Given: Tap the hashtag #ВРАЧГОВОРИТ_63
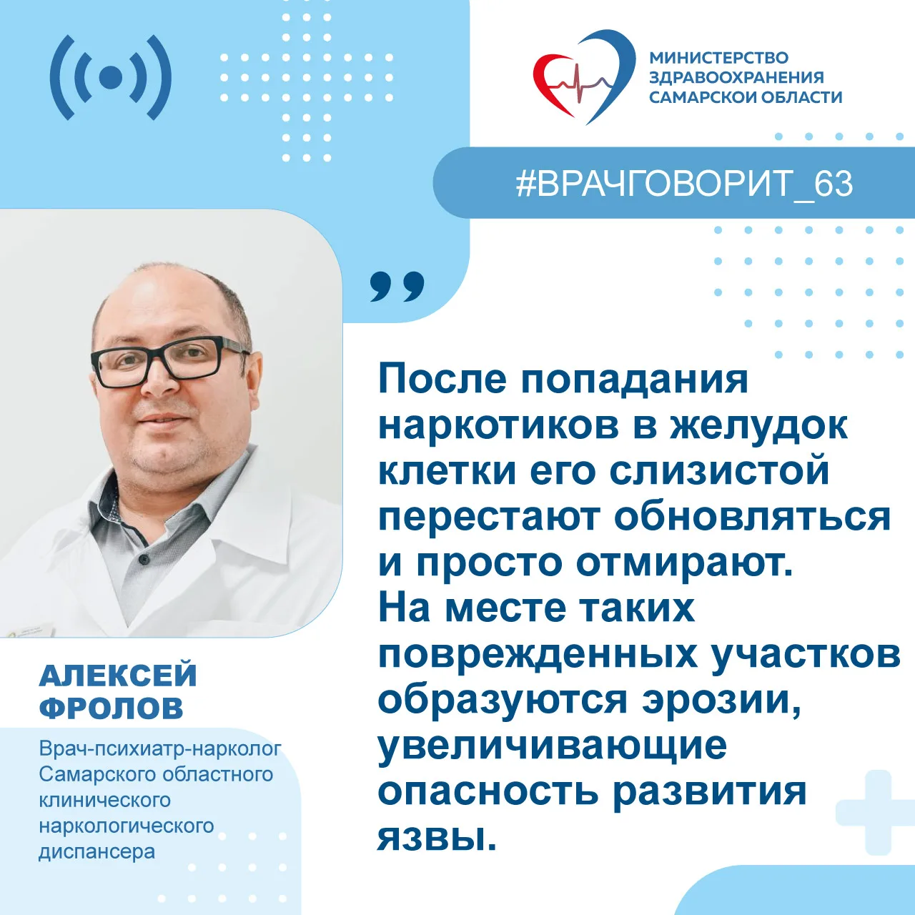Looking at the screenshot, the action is click(685, 184).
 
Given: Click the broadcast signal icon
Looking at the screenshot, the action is click(111, 77).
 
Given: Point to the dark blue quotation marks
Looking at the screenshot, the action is click(397, 287).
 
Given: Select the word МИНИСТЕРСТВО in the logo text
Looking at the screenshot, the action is click(719, 57).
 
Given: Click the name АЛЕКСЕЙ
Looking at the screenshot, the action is click(118, 676).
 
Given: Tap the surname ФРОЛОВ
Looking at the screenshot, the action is click(111, 709).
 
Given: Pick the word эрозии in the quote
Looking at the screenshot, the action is click(722, 701).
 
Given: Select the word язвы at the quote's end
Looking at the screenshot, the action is click(436, 838).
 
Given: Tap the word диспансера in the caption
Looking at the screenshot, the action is click(97, 852).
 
